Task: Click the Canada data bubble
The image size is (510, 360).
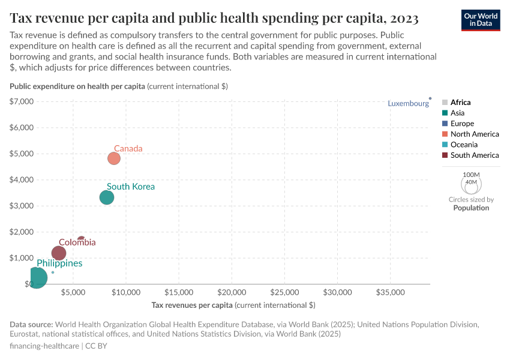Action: click(x=114, y=158)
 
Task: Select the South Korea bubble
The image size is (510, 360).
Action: click(x=107, y=197)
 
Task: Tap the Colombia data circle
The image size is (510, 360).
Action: click(x=59, y=253)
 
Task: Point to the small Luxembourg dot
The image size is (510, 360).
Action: click(x=430, y=98)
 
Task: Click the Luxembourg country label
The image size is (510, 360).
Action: click(x=408, y=103)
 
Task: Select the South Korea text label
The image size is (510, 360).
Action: click(x=131, y=187)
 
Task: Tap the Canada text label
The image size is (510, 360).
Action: click(x=128, y=148)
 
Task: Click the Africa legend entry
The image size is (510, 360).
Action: click(x=460, y=103)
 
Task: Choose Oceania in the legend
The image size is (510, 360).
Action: click(x=464, y=145)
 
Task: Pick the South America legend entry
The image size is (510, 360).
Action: click(x=474, y=155)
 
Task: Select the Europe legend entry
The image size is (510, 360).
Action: click(x=462, y=124)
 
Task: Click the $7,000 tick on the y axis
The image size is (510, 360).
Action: click(x=22, y=101)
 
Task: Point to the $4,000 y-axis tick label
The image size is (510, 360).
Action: click(x=22, y=179)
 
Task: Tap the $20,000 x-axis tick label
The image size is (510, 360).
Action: click(x=232, y=293)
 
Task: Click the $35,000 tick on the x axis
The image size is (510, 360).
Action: click(x=390, y=293)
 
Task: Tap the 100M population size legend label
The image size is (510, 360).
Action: click(x=471, y=174)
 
